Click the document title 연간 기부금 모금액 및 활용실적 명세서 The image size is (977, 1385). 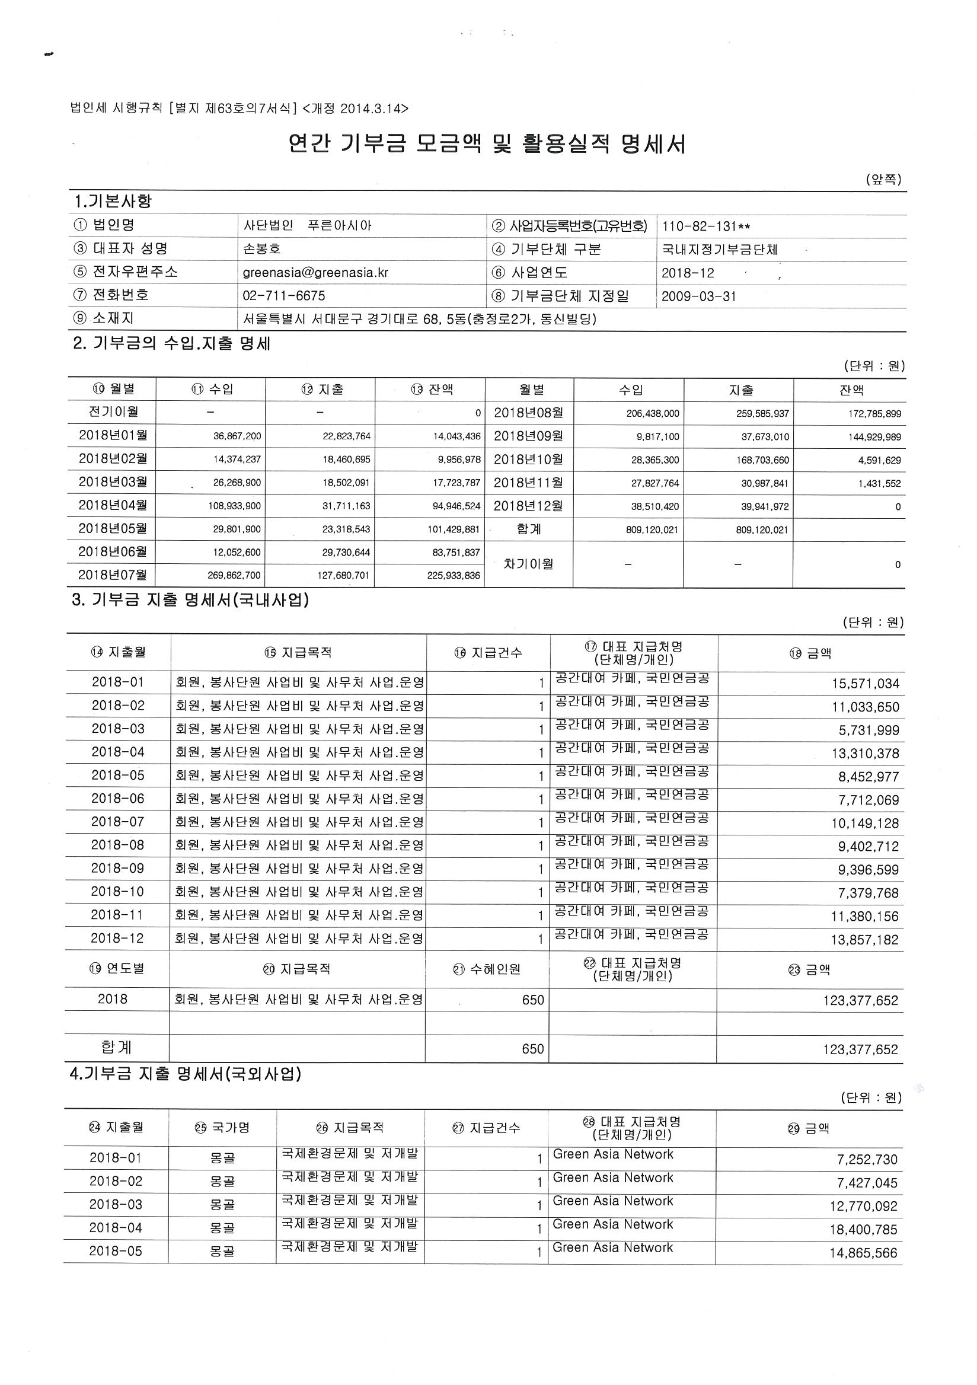tap(487, 145)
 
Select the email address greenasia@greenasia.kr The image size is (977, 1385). tap(315, 273)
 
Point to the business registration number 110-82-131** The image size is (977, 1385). tap(706, 227)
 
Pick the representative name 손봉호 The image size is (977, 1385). tap(263, 249)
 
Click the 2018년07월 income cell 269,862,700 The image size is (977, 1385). tap(234, 576)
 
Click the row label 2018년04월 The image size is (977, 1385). tap(113, 506)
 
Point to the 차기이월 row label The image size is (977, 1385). tap(528, 564)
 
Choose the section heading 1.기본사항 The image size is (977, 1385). tap(112, 202)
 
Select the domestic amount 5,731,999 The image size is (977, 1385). tap(869, 730)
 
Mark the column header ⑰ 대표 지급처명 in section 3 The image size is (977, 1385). tap(633, 653)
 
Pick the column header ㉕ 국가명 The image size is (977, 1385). tap(222, 1128)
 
